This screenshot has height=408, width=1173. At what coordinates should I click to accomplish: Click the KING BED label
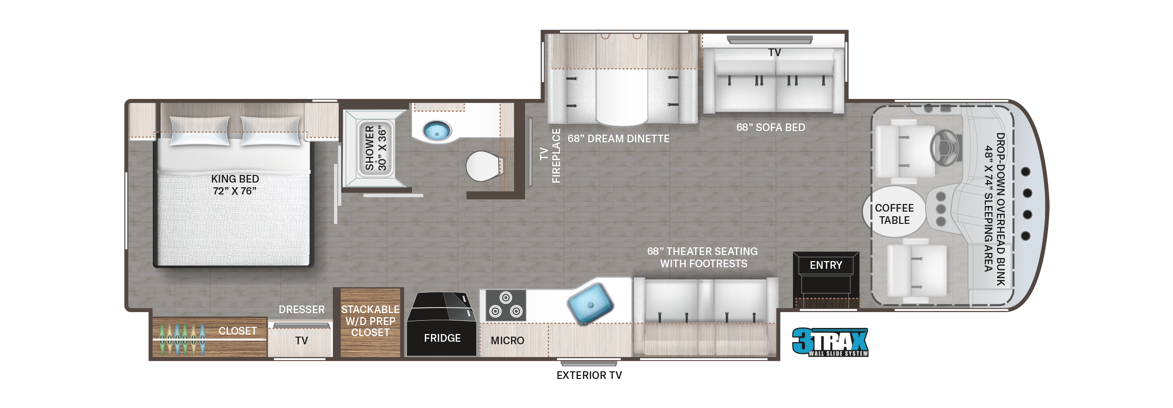(x=235, y=185)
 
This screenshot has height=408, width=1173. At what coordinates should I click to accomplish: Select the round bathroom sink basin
(x=437, y=131)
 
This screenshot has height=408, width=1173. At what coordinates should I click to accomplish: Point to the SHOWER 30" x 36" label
(x=376, y=148)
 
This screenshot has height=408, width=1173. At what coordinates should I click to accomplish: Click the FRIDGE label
(x=442, y=338)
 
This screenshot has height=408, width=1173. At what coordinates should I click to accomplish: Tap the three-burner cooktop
(x=505, y=305)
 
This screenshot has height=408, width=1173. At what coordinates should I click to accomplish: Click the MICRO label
(x=507, y=341)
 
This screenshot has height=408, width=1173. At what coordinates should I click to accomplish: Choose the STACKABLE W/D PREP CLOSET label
(x=370, y=321)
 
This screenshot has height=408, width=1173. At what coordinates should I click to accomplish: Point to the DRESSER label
(x=301, y=310)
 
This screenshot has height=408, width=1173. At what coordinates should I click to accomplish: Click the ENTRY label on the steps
(x=826, y=265)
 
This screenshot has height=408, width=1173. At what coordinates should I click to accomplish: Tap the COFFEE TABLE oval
(x=894, y=214)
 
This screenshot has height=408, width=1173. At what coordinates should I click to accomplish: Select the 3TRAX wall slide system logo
(x=830, y=342)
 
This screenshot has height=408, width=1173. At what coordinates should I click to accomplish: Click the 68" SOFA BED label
(x=771, y=127)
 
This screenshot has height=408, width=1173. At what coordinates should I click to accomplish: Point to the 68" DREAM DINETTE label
(x=618, y=139)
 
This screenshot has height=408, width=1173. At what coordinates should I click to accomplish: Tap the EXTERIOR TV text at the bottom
(x=589, y=375)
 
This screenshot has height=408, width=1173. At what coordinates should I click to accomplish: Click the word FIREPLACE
(x=556, y=156)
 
